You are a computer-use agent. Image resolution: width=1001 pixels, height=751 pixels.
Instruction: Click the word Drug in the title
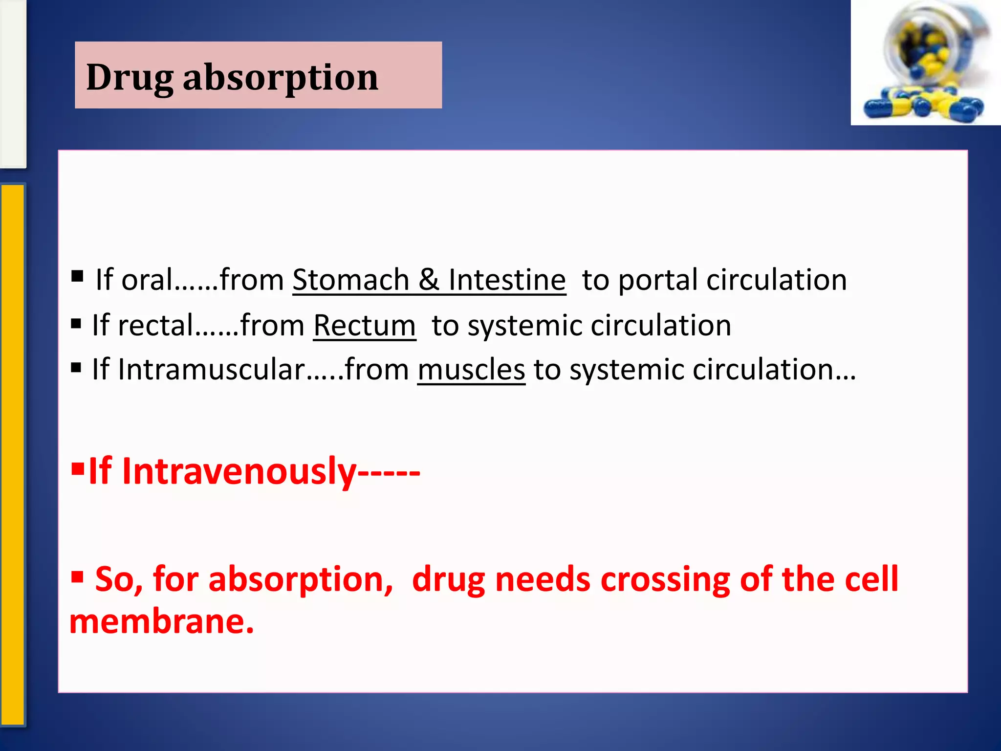(130, 78)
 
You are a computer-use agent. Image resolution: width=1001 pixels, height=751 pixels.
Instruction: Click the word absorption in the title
(281, 78)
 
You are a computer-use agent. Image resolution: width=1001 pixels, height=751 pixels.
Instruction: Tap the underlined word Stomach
(350, 280)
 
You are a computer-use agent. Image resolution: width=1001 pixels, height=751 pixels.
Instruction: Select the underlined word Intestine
(507, 280)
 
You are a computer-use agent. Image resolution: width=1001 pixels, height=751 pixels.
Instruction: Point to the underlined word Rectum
(364, 326)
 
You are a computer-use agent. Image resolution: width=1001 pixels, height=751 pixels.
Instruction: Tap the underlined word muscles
(471, 370)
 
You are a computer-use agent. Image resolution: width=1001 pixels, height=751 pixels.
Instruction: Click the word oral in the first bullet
(147, 280)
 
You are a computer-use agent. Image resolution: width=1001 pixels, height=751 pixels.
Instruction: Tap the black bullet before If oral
(77, 276)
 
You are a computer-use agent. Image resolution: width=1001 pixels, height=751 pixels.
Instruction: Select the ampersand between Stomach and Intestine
(429, 280)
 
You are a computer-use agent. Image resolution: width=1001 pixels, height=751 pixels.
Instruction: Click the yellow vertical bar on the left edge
(12, 455)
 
